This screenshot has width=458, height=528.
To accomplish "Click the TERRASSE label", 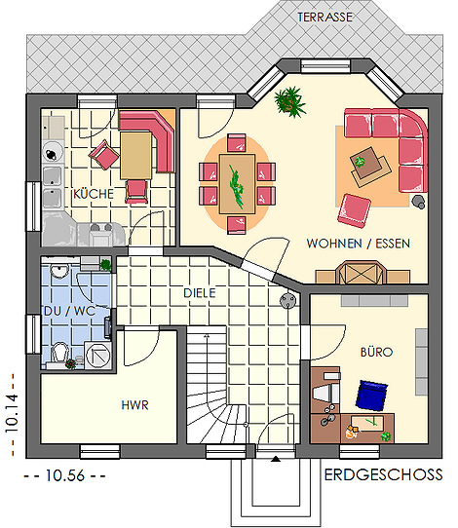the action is [x=324, y=18].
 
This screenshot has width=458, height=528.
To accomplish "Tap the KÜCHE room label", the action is [x=94, y=194].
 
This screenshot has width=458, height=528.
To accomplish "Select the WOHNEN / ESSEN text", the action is [x=359, y=244].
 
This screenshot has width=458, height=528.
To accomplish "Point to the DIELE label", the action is [x=200, y=293].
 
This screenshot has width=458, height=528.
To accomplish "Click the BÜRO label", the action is [x=376, y=352].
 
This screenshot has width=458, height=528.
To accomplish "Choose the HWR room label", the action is [x=134, y=405].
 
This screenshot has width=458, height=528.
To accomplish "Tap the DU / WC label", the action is [x=69, y=311].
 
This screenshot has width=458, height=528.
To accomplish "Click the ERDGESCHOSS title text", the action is [x=383, y=474].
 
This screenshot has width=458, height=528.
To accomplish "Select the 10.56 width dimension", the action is [x=64, y=475].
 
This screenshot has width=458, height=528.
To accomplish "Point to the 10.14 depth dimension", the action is [x=11, y=414].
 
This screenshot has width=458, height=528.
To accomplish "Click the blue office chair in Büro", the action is [x=371, y=396].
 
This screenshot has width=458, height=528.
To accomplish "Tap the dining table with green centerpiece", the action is [x=237, y=184].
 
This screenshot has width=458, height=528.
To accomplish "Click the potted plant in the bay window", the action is [x=289, y=101].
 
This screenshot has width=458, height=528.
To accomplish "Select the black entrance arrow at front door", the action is [x=276, y=458].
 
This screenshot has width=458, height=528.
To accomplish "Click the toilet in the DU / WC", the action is [x=60, y=353].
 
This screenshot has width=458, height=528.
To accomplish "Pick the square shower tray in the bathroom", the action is [x=97, y=356].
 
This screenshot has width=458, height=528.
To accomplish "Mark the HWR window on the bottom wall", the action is [x=100, y=452].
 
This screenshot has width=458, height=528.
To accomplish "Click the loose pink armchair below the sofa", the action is [x=355, y=210].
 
